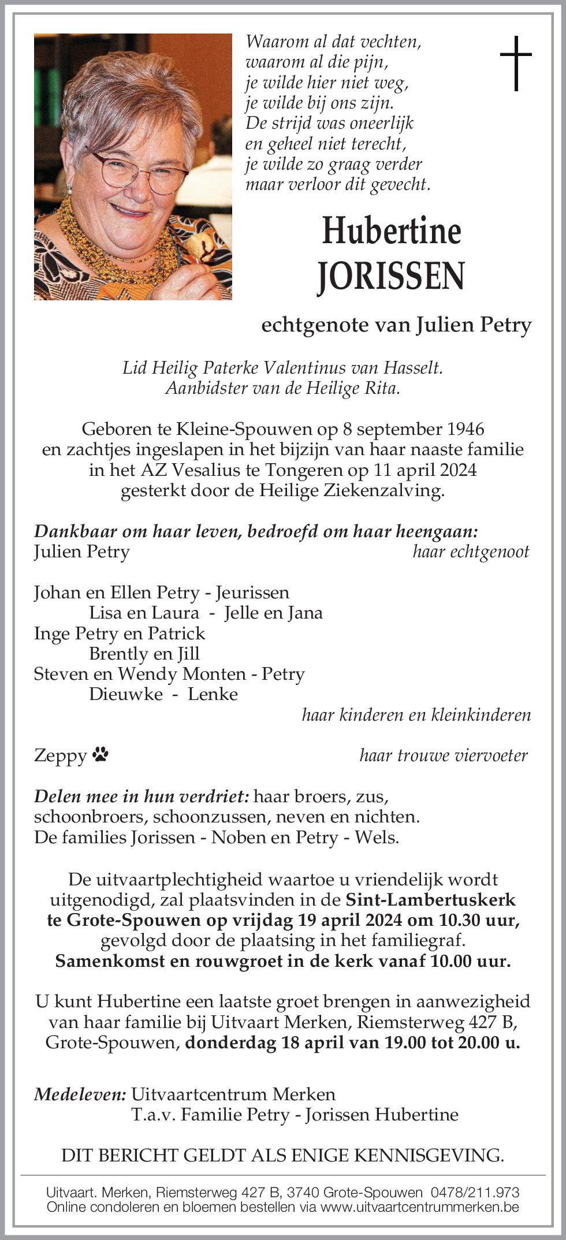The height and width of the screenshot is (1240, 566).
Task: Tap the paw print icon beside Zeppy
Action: coord(100,754)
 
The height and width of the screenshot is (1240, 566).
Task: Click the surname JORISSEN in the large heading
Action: coord(391,276)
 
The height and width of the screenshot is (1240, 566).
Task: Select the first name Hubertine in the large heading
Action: coord(391,230)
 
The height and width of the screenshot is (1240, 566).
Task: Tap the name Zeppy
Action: coord(60,755)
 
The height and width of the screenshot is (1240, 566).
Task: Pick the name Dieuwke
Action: coord(126,694)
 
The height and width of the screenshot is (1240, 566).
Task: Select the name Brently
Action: coord(118,654)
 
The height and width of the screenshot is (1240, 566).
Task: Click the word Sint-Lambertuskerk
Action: coord(430,900)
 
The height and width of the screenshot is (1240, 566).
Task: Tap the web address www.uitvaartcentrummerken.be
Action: coord(420,1207)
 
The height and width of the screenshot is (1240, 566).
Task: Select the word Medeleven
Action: coord(80,1094)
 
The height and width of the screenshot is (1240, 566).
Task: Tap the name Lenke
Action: coord(213,694)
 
